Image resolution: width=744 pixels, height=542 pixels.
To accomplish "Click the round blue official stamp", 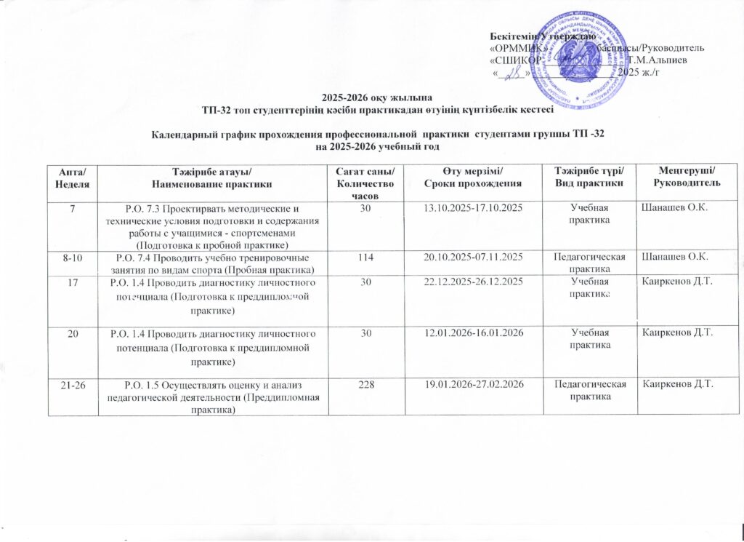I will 581,59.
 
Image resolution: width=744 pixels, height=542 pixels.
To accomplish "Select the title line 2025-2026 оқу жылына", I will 376,98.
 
